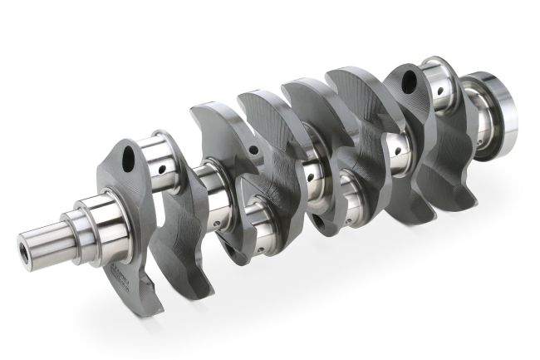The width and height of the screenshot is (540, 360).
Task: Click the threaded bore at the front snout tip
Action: pyautogui.click(x=23, y=249)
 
